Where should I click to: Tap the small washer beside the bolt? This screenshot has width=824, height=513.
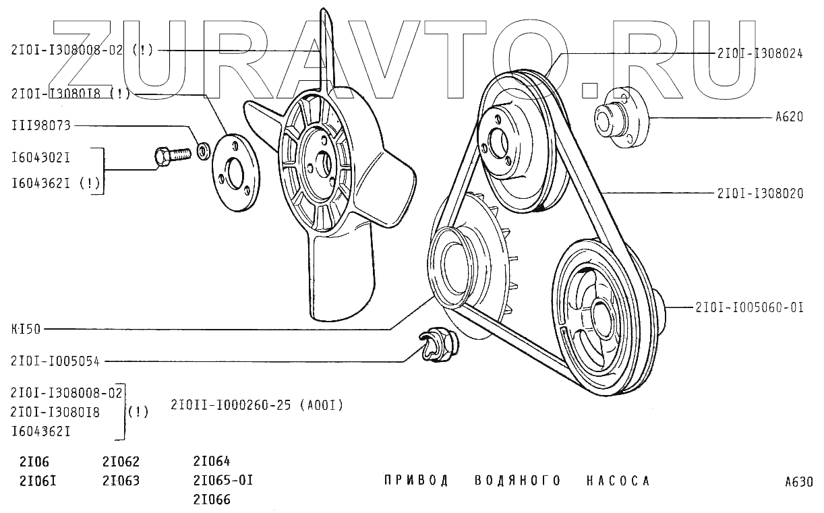pos(202,148)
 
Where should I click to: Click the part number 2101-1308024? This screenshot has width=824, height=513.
pos(760,55)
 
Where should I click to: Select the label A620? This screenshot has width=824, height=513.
pos(788,117)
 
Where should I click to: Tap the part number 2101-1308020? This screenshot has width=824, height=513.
pos(760,193)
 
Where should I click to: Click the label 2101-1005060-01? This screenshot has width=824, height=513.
pos(748,307)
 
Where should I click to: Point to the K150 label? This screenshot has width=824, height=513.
pos(26,330)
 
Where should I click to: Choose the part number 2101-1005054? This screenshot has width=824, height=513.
pos(55,361)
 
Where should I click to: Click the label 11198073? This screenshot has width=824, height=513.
pos(40,125)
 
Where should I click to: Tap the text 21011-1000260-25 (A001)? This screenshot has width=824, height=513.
pos(258,405)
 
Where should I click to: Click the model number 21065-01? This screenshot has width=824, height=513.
pos(223,481)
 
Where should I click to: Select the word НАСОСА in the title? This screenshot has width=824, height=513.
pos(618,481)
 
